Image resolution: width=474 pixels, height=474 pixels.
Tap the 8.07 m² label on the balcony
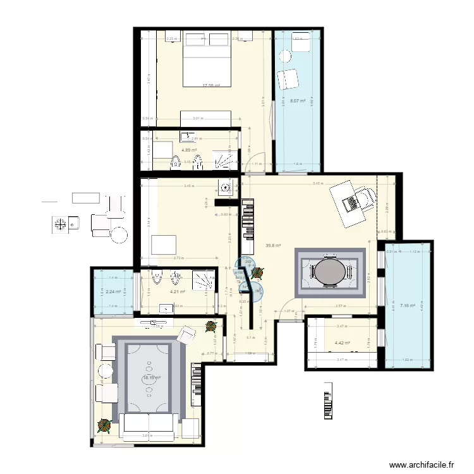click(x=298, y=100)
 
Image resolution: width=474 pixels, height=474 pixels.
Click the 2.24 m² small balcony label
click(x=113, y=291)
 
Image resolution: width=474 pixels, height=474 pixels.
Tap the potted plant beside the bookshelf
click(x=257, y=272)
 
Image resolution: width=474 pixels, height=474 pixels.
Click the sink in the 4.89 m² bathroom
click(x=189, y=136)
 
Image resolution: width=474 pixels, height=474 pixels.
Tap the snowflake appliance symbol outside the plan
click(x=61, y=223)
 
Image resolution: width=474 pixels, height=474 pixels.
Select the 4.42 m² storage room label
click(x=342, y=343)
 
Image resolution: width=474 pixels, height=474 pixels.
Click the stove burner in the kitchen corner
click(x=226, y=187)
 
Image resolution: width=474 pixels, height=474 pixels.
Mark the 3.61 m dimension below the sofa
click(x=146, y=436)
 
